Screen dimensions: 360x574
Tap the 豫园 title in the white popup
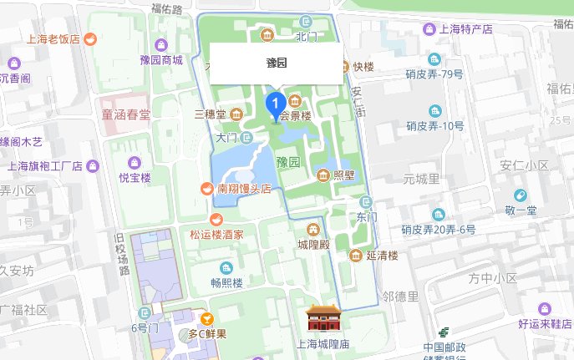pos(276,63)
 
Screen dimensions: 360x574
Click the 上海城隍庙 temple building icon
pos(319,319)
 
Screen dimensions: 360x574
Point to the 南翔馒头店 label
pos(244,189)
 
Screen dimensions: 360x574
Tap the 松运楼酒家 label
pos(217,235)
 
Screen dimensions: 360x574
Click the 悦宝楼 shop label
pos(135,177)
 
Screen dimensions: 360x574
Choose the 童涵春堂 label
pos(125,114)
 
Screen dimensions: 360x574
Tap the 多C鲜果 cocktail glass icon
pos(206,318)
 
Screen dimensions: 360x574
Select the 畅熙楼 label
pos(226,283)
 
